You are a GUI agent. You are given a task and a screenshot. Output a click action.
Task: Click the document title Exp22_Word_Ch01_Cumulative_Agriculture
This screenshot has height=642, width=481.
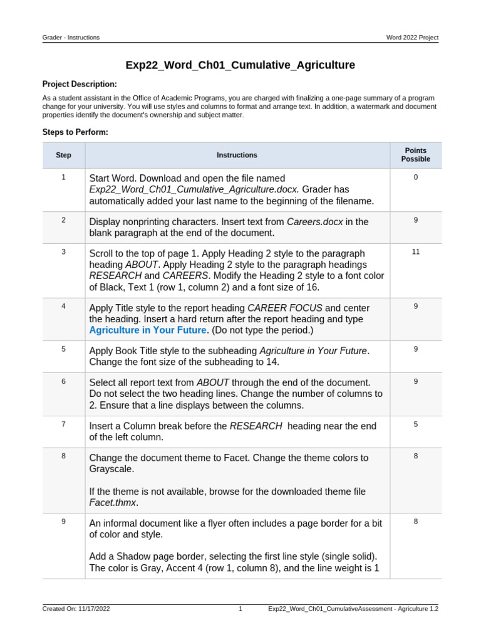click(x=240, y=65)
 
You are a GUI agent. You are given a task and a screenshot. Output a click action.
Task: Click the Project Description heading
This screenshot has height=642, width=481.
click(x=80, y=84)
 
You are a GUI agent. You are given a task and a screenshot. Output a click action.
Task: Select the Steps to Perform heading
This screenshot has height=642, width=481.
click(x=75, y=132)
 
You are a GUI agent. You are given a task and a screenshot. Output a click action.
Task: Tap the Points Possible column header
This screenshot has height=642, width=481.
click(x=415, y=155)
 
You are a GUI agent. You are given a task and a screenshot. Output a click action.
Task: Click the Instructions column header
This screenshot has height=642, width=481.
click(x=237, y=155)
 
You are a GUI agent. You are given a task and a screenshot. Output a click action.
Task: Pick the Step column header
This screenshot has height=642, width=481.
click(x=63, y=155)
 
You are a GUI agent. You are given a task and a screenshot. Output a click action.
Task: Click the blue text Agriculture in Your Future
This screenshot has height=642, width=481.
click(x=148, y=330)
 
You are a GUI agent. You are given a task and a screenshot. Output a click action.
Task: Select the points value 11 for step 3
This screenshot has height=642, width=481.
click(x=415, y=251)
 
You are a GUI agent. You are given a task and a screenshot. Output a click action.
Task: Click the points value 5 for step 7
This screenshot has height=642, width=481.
click(x=415, y=424)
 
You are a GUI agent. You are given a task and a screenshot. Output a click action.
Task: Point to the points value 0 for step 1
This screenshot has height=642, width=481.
click(x=415, y=177)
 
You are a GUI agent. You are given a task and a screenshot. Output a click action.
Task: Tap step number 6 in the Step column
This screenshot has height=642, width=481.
click(x=63, y=381)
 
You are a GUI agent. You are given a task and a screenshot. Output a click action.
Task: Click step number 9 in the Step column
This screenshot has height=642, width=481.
click(x=63, y=522)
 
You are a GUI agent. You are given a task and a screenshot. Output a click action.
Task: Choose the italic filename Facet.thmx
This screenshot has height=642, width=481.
click(x=113, y=503)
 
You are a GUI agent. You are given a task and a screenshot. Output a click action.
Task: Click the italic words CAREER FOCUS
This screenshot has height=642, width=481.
click(x=285, y=308)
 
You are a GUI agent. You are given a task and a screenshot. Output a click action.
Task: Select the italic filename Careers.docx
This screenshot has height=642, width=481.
click(x=315, y=221)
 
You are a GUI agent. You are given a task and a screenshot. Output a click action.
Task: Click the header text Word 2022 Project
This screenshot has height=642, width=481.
click(x=412, y=38)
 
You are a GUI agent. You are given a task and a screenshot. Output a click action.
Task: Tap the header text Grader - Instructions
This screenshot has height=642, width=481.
click(x=71, y=38)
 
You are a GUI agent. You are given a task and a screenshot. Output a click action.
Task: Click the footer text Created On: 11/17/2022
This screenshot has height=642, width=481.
click(x=76, y=609)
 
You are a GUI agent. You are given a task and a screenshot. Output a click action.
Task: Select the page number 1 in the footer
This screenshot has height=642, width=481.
click(x=240, y=609)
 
